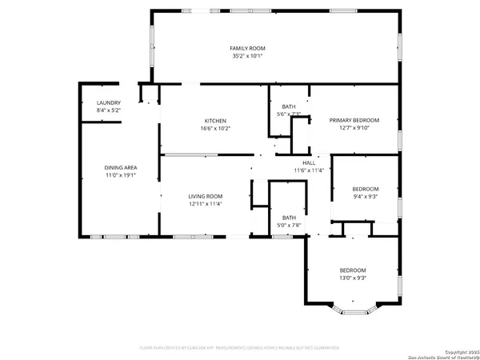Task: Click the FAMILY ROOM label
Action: [246, 49]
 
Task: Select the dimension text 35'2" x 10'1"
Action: [246, 56]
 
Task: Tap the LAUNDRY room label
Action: [108, 102]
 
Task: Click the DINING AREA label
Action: [120, 167]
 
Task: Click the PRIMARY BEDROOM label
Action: [354, 120]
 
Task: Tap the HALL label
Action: [308, 162]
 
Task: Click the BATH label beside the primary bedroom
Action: [288, 106]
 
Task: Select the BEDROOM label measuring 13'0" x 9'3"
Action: [352, 270]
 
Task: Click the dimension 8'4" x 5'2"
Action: [108, 110]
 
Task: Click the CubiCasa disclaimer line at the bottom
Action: [240, 348]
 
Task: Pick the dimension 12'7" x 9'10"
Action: [354, 128]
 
